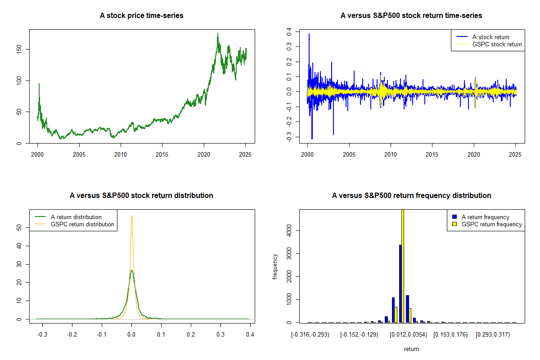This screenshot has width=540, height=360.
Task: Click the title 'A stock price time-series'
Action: click(x=141, y=15)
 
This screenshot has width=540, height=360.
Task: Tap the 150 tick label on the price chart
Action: click(x=19, y=49)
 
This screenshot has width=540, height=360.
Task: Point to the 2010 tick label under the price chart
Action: click(x=121, y=154)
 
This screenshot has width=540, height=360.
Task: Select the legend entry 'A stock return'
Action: click(x=491, y=37)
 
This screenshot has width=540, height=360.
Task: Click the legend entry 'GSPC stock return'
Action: click(x=497, y=45)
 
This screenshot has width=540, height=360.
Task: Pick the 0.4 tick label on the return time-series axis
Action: click(x=289, y=32)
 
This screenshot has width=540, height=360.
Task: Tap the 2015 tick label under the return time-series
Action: click(x=432, y=154)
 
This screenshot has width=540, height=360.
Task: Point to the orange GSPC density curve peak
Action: click(x=131, y=216)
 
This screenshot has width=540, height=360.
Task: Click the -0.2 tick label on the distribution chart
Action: click(x=72, y=334)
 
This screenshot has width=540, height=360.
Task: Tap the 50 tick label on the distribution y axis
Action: click(x=19, y=227)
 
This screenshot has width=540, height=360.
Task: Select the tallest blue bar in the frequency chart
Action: click(x=400, y=283)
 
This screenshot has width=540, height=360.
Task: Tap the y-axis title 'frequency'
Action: click(x=275, y=267)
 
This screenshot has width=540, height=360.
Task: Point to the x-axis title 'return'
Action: click(x=411, y=349)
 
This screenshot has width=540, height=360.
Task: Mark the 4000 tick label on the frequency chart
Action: click(x=289, y=231)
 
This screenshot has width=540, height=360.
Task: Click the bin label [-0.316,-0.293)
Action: click(x=310, y=335)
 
